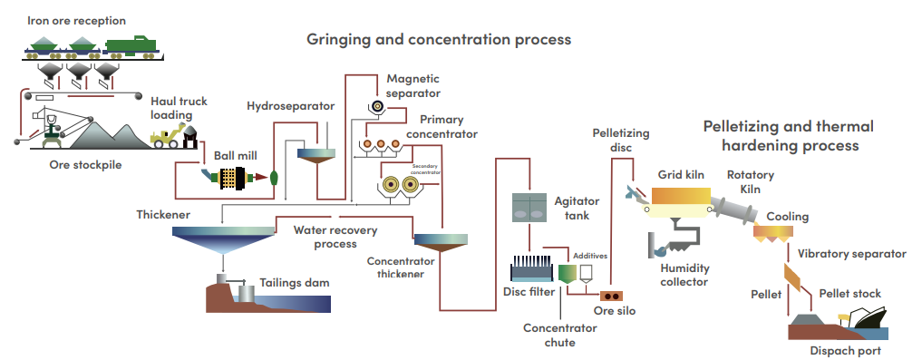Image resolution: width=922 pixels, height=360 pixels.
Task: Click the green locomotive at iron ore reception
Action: [x=131, y=45]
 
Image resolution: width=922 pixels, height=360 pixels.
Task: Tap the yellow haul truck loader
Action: [x=167, y=135]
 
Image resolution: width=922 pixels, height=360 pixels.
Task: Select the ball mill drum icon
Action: [x=232, y=179]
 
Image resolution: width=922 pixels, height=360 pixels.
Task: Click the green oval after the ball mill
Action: [x=274, y=178]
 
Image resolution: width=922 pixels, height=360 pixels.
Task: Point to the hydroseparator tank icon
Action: [x=315, y=156]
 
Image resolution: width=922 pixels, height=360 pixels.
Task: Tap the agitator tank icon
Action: [x=529, y=207]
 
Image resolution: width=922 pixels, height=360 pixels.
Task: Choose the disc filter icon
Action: [x=531, y=268]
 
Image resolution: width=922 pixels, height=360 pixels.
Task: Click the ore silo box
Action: [x=612, y=297]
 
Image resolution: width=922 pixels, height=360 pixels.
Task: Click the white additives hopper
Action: [x=586, y=273]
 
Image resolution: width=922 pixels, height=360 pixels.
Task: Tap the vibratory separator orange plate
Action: [x=792, y=277]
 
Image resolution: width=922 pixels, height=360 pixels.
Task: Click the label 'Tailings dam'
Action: [x=295, y=283]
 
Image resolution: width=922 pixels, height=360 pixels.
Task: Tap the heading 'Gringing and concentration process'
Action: [x=439, y=40]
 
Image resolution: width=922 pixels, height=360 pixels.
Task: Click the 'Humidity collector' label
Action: [x=684, y=275]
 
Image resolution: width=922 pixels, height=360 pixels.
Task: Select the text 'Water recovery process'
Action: [x=335, y=237]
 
